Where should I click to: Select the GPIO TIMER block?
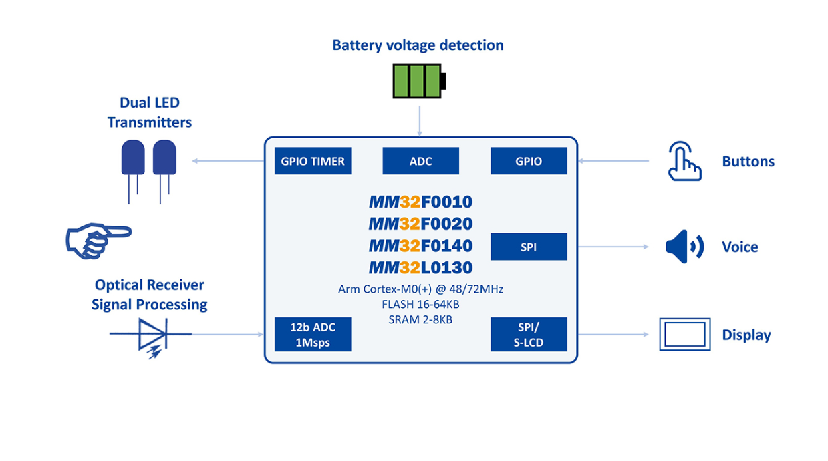coord(313,161)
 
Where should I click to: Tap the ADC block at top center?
coord(420,161)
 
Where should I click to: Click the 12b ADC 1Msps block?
coord(313,335)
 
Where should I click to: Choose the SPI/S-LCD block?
coord(529,335)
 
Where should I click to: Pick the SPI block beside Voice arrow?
coord(529,247)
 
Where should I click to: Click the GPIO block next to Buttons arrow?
coord(529,161)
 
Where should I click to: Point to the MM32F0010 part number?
coord(420,202)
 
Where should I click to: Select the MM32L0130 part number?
coord(420,268)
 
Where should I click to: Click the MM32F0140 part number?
coord(420,246)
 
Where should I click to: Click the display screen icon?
coord(685,334)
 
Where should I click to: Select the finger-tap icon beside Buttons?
coord(684,161)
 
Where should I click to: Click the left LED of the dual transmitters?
coord(132,160)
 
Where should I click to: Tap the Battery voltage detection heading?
coord(418,45)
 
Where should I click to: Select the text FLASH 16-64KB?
coord(420,305)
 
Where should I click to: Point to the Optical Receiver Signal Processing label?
coord(149,295)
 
